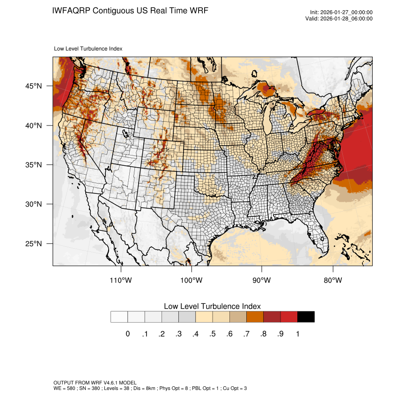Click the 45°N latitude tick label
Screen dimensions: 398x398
(x=33, y=86)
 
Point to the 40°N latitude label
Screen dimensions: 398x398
(x=33, y=125)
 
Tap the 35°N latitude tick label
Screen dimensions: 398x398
(x=33, y=165)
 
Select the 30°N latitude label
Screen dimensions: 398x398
(x=33, y=204)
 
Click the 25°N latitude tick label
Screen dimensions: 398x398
(x=33, y=243)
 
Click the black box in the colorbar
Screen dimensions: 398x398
(x=306, y=317)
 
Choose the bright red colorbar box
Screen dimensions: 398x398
(x=289, y=317)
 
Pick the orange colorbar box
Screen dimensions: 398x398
(x=255, y=317)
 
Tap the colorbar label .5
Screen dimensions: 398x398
(x=213, y=334)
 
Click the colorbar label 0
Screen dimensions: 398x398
(x=127, y=334)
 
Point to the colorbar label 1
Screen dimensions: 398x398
(x=297, y=334)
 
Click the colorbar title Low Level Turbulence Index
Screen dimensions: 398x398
(x=212, y=306)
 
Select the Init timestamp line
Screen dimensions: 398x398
(x=341, y=13)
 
